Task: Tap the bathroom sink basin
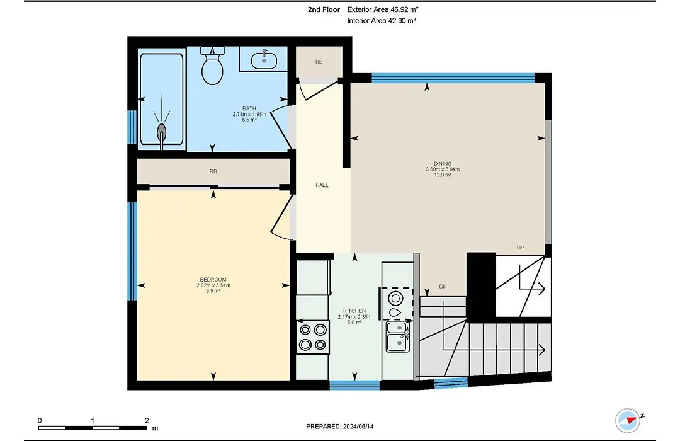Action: pos(264,59)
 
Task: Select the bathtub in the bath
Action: pos(162,99)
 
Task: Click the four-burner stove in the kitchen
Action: pos(313,337)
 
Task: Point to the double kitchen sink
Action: pos(398,337)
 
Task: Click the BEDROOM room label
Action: pos(213,280)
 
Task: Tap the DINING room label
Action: pos(443,164)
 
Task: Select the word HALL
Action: pos(322,185)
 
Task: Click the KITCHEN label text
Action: pos(354,311)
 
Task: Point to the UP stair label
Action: pos(521,248)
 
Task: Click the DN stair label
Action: pos(443,287)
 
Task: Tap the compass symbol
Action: pos(628,420)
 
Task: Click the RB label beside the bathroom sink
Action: pos(319,62)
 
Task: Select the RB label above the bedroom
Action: pos(213,171)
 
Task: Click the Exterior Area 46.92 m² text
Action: pos(383,9)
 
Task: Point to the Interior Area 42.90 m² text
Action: pos(382,20)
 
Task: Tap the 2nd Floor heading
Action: pos(324,9)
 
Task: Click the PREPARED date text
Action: pos(339,427)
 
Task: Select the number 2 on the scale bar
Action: pos(147,420)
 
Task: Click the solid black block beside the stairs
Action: pos(481,286)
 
